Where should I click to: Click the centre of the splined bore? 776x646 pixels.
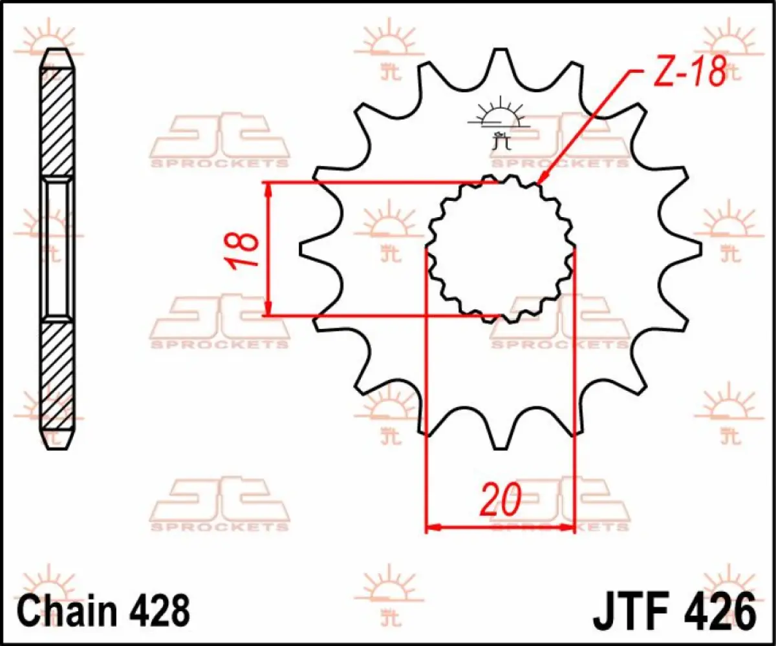tap(500, 249)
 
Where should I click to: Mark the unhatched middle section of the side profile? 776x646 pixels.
tap(58, 249)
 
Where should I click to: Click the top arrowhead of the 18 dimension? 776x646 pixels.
tap(267, 188)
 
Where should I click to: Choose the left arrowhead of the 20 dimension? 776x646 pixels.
tap(432, 527)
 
